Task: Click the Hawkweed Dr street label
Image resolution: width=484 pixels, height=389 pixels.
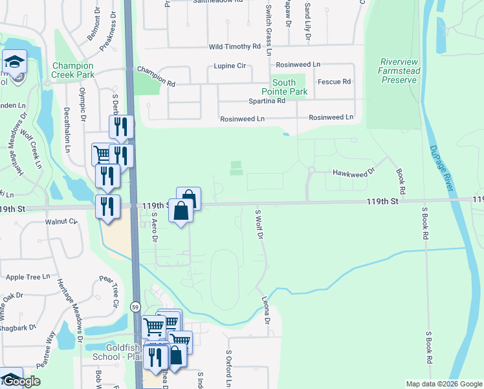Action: pyautogui.click(x=353, y=172)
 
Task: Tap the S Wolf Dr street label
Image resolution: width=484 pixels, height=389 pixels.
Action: pyautogui.click(x=259, y=225)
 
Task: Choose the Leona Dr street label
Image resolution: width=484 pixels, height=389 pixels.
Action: pyautogui.click(x=266, y=311)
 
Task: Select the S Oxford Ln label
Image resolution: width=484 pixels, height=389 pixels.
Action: pyautogui.click(x=228, y=369)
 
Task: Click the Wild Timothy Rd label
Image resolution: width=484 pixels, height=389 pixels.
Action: pyautogui.click(x=234, y=47)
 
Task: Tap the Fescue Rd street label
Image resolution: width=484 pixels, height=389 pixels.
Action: pyautogui.click(x=334, y=82)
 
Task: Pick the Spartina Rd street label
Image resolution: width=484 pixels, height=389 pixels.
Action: pyautogui.click(x=267, y=101)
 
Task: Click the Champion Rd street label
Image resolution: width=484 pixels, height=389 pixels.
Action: pyautogui.click(x=156, y=75)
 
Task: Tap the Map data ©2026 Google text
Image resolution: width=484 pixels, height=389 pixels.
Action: pyautogui.click(x=443, y=384)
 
